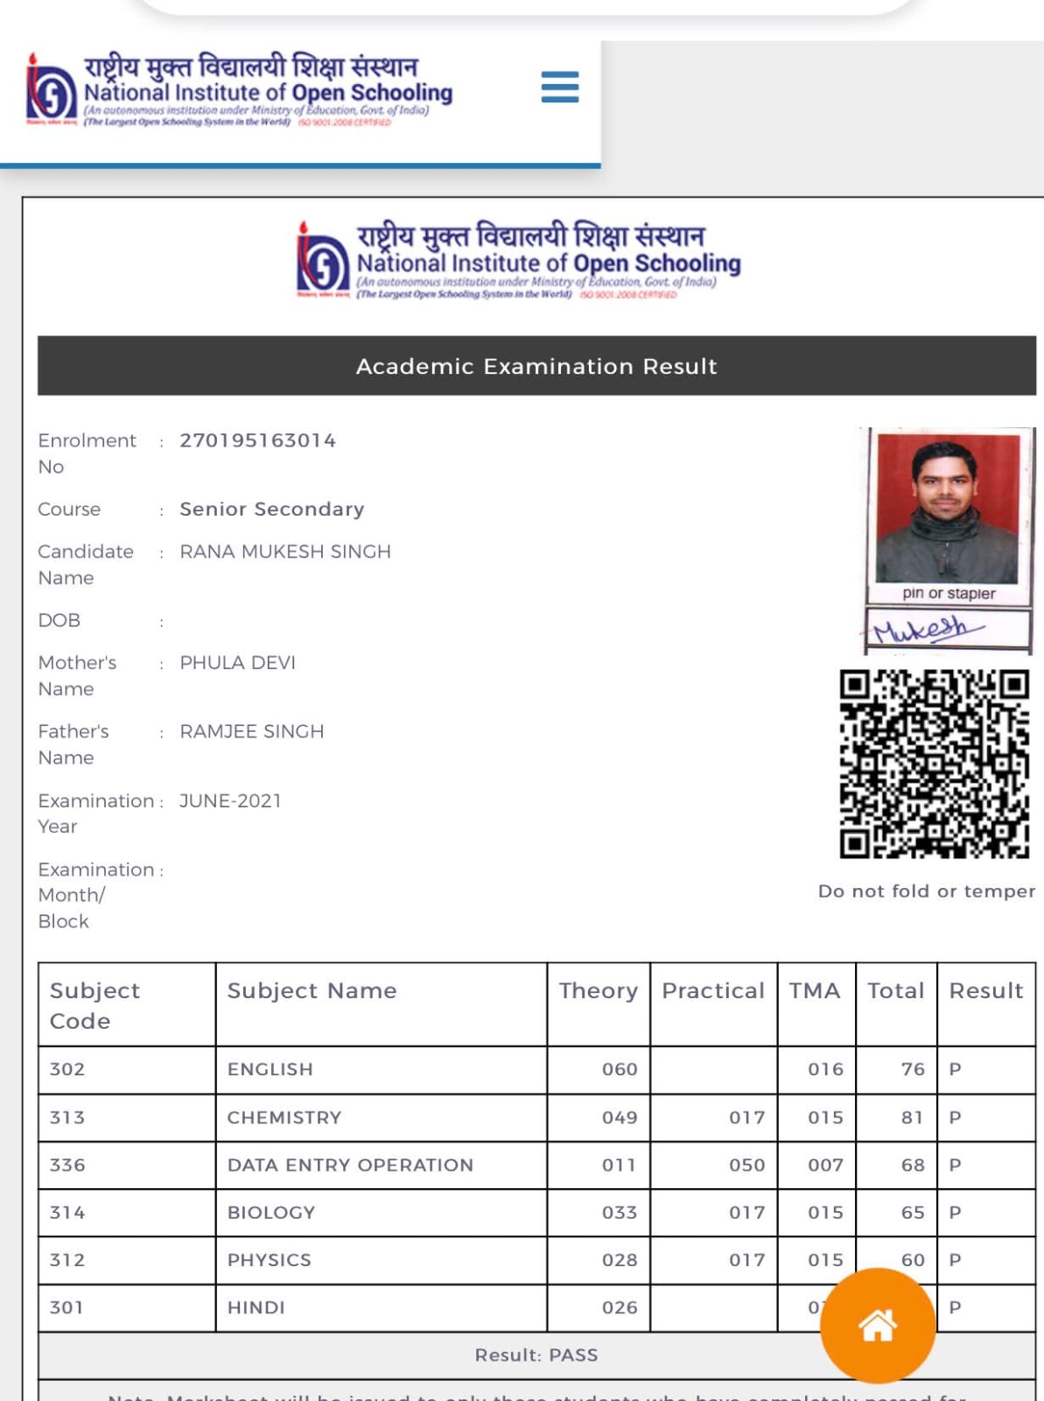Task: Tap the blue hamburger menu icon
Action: pyautogui.click(x=560, y=88)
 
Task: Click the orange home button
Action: pyautogui.click(x=878, y=1325)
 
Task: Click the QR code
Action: pyautogui.click(x=934, y=764)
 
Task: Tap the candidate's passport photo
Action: pyautogui.click(x=947, y=508)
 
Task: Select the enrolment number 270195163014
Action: pyautogui.click(x=257, y=440)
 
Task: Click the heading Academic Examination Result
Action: pyautogui.click(x=536, y=366)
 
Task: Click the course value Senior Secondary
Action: pyautogui.click(x=271, y=509)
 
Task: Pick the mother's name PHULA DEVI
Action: pyautogui.click(x=237, y=663)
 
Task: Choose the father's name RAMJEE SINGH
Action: pyautogui.click(x=251, y=731)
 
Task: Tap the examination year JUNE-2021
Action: pyautogui.click(x=230, y=800)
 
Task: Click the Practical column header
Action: pyautogui.click(x=712, y=990)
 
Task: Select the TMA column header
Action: pyautogui.click(x=814, y=990)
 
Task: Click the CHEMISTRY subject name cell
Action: pyautogui.click(x=284, y=1117)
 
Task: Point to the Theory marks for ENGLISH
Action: pyautogui.click(x=619, y=1069)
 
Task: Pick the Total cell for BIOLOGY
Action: pyautogui.click(x=912, y=1213)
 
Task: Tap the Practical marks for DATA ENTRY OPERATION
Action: pyautogui.click(x=746, y=1165)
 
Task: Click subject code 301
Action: pyautogui.click(x=67, y=1307)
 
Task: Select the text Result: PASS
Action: pyautogui.click(x=536, y=1355)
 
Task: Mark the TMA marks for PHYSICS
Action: pyautogui.click(x=825, y=1260)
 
